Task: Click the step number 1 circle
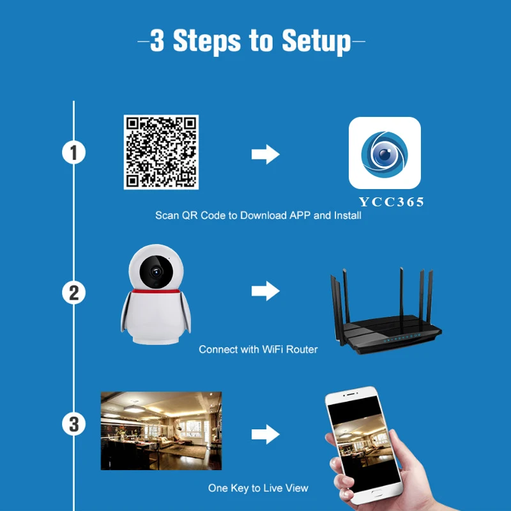[74, 153]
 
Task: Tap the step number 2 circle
[74, 293]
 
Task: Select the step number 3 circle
[74, 423]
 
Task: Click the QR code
[161, 152]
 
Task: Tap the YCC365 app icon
[384, 152]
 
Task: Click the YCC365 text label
[391, 202]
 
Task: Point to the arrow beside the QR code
[265, 154]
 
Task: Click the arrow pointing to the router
[265, 292]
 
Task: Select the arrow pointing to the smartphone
[265, 435]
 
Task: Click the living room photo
[161, 431]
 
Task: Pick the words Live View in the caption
[286, 488]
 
